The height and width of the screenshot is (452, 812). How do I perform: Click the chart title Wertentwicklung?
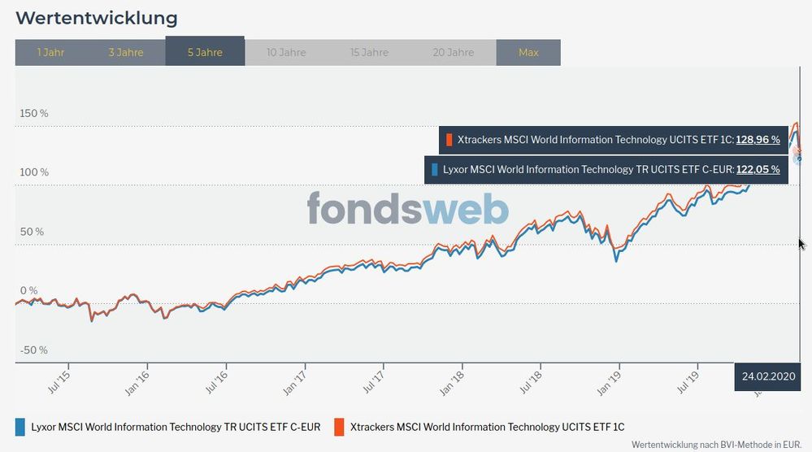point(96,18)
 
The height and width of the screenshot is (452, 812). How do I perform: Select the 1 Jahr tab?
point(50,52)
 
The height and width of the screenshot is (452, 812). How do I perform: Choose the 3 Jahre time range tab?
point(125,52)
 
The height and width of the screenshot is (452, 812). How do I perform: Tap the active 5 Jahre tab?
point(205,52)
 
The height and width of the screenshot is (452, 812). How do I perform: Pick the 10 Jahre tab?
point(286,52)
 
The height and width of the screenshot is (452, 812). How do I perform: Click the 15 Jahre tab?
point(369,52)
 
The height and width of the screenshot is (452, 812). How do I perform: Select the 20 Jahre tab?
point(453,52)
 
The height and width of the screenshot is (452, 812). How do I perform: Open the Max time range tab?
point(528,52)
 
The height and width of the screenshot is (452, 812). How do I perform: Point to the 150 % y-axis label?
point(33,113)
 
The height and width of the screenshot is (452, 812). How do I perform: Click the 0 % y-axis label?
point(28,290)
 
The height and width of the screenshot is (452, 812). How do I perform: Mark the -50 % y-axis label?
point(33,350)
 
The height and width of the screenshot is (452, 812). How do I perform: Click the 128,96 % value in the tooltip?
point(758,140)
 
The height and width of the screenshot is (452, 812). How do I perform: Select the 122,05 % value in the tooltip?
point(758,170)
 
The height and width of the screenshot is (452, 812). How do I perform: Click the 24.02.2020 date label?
point(767,376)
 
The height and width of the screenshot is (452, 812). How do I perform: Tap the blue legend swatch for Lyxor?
point(20,427)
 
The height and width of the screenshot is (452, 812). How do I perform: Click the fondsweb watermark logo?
point(408,209)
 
